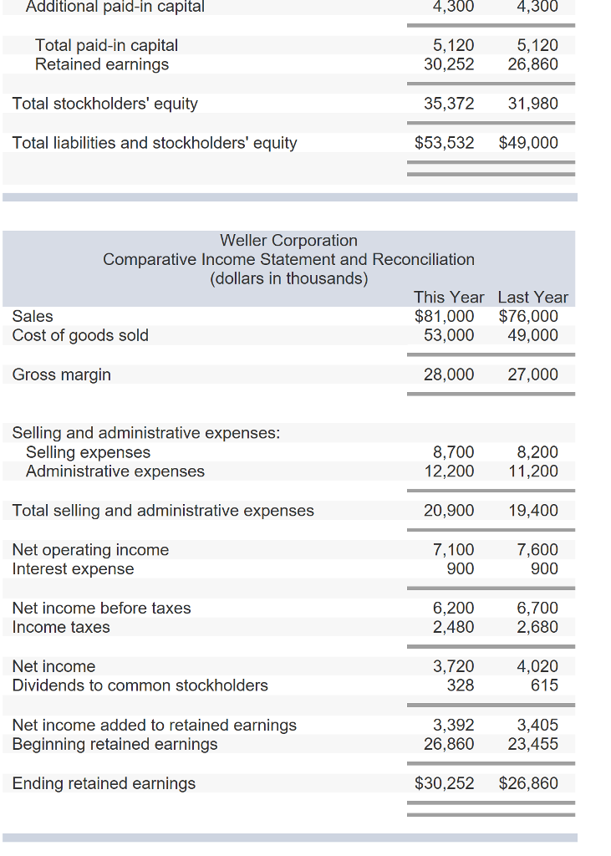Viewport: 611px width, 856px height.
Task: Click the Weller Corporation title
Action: tap(288, 241)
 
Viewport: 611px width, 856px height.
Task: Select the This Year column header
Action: tap(449, 297)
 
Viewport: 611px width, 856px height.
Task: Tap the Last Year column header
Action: tap(532, 297)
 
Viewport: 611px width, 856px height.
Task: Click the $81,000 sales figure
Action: tap(445, 316)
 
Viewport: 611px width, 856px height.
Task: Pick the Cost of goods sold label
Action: tap(80, 335)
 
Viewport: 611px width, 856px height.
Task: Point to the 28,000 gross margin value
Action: tap(449, 374)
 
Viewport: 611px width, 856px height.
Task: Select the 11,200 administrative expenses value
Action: tap(533, 471)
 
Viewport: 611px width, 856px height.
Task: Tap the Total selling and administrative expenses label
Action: tap(163, 511)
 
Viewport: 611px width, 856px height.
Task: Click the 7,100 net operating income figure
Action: tap(454, 550)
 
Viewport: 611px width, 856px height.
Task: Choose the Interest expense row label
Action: tap(73, 569)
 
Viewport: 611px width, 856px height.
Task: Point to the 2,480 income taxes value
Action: tap(454, 627)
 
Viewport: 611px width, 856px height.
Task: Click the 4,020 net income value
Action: tap(537, 666)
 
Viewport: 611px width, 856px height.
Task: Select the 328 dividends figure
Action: tap(461, 685)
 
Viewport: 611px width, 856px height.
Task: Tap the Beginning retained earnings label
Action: tap(115, 744)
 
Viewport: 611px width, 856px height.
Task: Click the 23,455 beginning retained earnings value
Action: tap(533, 744)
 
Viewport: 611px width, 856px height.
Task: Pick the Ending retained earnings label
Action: tap(104, 783)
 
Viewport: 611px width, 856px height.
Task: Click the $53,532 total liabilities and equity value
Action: tap(445, 143)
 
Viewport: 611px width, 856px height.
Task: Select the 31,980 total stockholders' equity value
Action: tap(533, 104)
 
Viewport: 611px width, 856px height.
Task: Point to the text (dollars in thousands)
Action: tap(288, 278)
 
